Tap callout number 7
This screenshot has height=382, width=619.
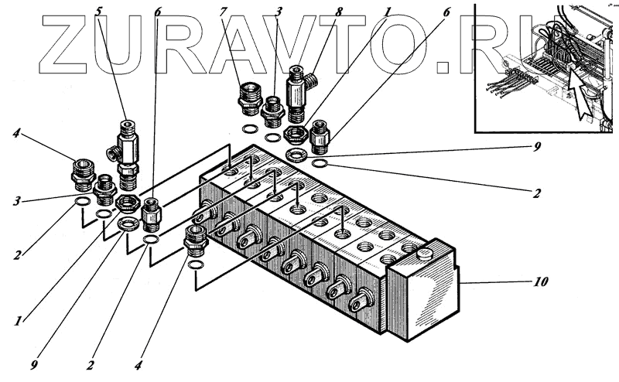(x=223, y=12)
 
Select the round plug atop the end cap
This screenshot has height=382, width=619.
(x=422, y=254)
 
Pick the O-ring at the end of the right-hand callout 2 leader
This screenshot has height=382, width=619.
(x=320, y=163)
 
